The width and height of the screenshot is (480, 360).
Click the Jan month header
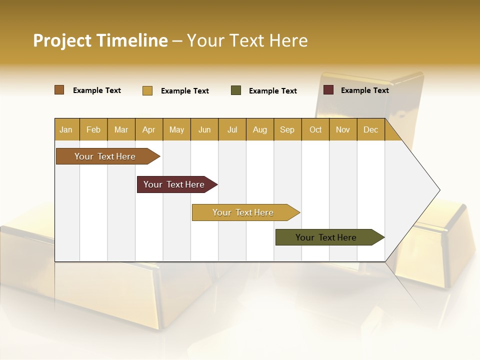[66, 129]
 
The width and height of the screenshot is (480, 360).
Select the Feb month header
[93, 129]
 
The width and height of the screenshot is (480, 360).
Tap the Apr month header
[148, 129]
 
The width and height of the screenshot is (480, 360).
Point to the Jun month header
[204, 129]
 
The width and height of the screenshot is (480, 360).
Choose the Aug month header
[259, 129]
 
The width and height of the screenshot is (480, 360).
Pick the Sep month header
[287, 129]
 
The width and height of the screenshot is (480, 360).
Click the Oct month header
[315, 129]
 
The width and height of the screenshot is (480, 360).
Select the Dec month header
[370, 129]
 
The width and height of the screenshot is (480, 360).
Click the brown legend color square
[59, 90]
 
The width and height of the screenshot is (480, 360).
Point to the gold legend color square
[147, 90]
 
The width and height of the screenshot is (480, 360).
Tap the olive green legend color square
[236, 90]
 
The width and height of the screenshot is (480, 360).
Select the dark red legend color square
[328, 90]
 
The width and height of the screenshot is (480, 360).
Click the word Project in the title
[62, 40]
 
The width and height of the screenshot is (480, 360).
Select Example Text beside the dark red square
[364, 90]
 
